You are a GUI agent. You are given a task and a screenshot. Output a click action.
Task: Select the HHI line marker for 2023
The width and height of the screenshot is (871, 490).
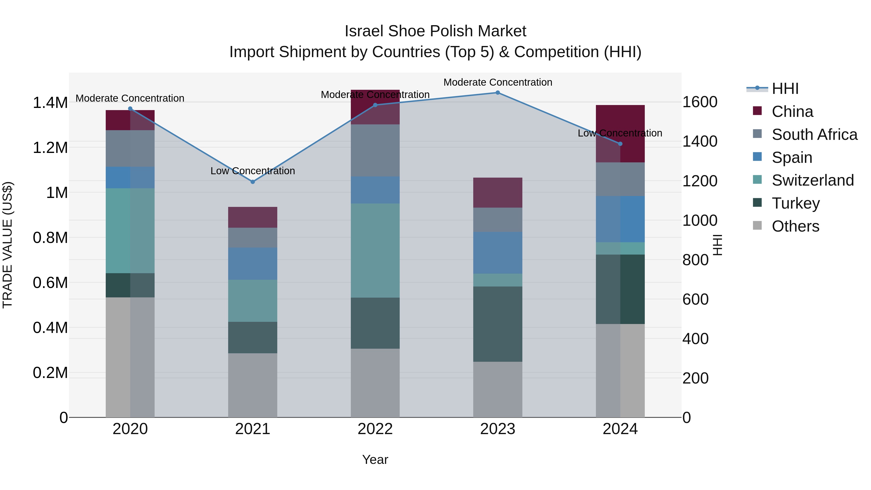(497, 93)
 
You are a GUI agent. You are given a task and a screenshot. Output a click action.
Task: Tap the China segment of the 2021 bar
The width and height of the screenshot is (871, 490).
(253, 217)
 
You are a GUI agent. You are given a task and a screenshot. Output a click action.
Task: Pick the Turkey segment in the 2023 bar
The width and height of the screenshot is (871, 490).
(497, 324)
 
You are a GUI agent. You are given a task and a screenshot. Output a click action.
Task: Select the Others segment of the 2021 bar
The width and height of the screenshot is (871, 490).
(253, 385)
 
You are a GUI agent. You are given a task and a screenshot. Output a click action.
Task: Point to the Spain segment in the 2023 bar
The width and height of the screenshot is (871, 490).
(497, 253)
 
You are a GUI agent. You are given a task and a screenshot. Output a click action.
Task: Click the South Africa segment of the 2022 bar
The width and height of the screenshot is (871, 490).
(375, 151)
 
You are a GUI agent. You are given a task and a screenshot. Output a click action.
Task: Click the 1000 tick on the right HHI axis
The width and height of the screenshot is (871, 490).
(699, 220)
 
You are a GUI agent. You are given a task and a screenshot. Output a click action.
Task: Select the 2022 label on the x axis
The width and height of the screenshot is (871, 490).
(375, 429)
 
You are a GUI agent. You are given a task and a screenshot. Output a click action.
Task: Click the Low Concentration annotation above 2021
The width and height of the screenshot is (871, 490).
(253, 171)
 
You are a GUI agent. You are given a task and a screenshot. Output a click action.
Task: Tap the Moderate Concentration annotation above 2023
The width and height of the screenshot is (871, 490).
(497, 82)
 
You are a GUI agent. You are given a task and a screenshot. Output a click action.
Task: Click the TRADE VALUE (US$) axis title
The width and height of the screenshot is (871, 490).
(8, 245)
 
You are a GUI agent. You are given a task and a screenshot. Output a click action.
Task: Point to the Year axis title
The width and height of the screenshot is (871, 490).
(375, 460)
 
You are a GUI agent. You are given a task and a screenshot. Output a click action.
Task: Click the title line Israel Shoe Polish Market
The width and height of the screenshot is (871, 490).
(435, 31)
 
